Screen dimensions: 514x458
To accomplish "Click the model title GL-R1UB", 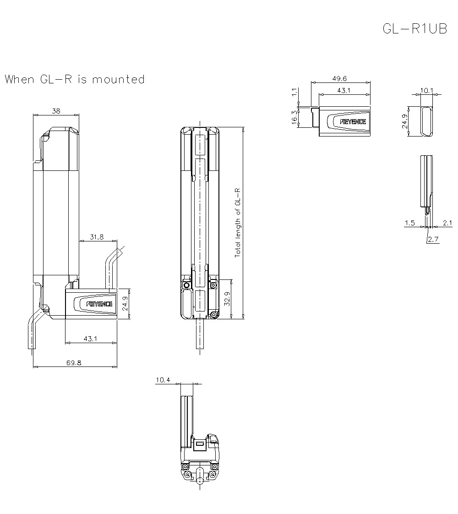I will [x=414, y=29].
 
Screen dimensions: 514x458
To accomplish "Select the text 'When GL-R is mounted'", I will [x=75, y=79].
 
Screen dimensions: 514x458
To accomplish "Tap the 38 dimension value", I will [x=56, y=111].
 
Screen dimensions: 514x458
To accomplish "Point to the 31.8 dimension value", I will [x=97, y=237].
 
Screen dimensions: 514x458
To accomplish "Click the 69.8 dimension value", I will [x=74, y=362].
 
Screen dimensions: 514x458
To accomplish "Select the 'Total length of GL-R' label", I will [x=238, y=222].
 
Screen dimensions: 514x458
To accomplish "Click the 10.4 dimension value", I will [x=163, y=380].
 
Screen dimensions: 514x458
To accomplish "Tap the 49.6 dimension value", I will [x=340, y=79].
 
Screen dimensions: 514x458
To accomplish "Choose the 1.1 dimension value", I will [x=294, y=93].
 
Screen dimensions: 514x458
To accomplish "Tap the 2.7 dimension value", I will [x=433, y=239].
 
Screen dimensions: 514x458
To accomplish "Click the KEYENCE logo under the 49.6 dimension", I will [x=353, y=122].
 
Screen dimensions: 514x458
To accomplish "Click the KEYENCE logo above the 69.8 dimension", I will [x=99, y=304].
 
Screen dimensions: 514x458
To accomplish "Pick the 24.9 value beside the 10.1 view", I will [x=405, y=122].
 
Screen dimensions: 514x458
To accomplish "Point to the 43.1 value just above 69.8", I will [x=90, y=339].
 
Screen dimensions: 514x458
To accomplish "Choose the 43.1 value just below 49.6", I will [x=343, y=91].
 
